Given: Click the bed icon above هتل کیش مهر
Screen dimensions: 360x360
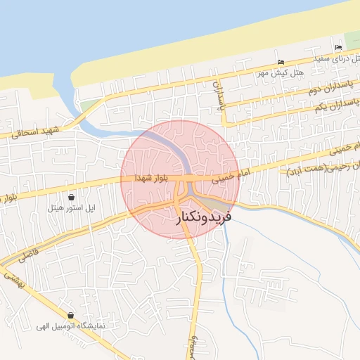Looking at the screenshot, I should (x=282, y=62).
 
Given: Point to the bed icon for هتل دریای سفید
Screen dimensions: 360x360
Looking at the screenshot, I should (x=338, y=47).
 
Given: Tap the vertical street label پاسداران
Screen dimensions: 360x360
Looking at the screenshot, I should (x=218, y=97).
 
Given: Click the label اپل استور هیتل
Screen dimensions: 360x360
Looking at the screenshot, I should (x=70, y=208).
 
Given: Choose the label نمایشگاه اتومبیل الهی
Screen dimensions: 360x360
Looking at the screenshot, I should (x=71, y=327).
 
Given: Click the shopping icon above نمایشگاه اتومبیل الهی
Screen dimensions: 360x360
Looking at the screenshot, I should (x=70, y=316).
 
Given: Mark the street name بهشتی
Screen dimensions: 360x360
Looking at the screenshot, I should (x=15, y=280).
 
